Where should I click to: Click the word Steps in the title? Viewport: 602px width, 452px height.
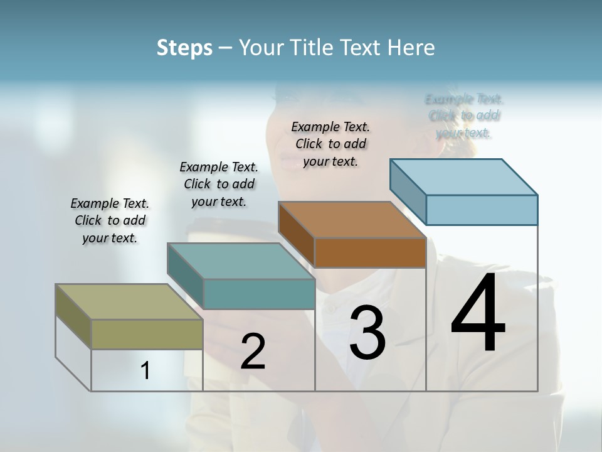184,48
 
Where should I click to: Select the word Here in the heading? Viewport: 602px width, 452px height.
411,48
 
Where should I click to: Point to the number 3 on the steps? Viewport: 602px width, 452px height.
367,333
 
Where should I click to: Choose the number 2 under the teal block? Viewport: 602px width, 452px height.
253,352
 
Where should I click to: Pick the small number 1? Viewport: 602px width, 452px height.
145,371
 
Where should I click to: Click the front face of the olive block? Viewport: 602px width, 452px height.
147,334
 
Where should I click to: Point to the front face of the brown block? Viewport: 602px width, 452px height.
371,252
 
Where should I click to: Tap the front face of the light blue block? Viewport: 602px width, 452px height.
482,210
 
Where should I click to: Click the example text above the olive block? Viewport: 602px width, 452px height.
110,220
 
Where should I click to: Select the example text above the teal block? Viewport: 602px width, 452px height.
219,184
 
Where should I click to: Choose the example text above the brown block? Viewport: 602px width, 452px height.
330,144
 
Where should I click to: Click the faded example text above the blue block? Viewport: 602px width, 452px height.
464,116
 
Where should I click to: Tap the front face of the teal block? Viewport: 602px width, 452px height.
259,294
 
